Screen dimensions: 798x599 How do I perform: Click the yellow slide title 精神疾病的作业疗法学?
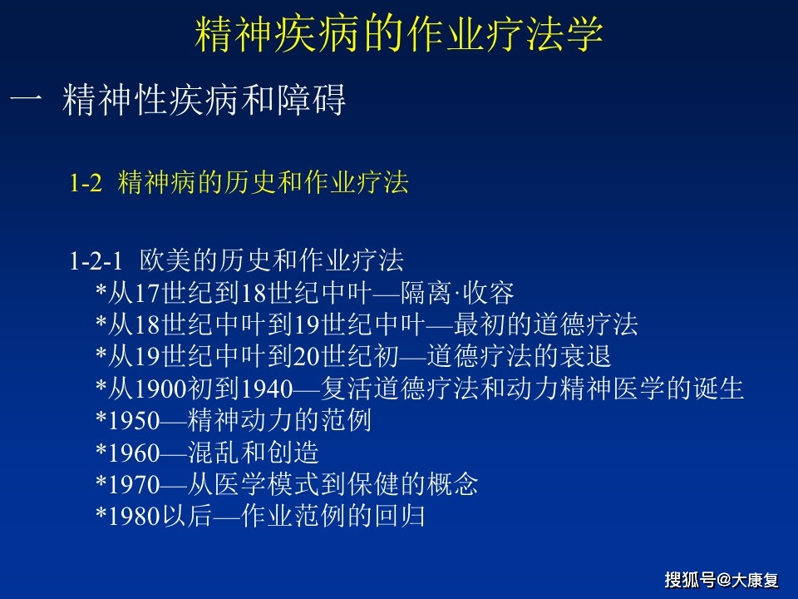click(398, 34)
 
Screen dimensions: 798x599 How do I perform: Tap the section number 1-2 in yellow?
click(86, 183)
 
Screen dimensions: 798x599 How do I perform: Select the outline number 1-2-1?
click(96, 261)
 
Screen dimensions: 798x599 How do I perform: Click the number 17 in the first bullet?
click(148, 294)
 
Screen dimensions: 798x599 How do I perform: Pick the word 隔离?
click(426, 293)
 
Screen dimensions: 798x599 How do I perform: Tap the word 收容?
click(488, 293)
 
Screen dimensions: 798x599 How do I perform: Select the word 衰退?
click(585, 356)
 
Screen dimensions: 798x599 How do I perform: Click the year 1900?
click(160, 389)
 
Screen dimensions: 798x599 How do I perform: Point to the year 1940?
click(267, 389)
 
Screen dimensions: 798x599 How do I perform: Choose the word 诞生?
click(718, 389)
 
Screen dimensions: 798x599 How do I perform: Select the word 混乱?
click(214, 452)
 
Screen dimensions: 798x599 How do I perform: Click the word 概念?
click(453, 484)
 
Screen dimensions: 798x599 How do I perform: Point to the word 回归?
click(400, 516)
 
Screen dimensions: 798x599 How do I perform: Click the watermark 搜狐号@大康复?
click(722, 580)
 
